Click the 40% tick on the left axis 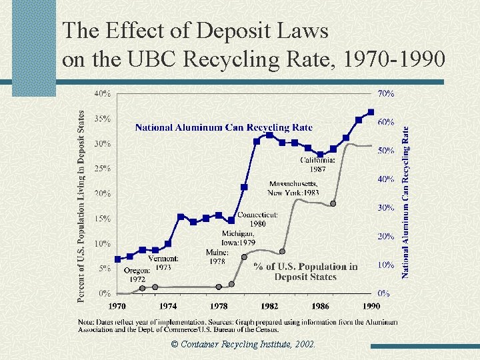101,94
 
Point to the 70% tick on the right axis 386,94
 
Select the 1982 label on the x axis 269,307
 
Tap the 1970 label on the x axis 117,307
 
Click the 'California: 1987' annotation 317,164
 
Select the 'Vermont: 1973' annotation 163,262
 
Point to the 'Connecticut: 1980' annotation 257,219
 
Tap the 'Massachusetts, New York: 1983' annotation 293,188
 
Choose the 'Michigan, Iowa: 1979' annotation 239,238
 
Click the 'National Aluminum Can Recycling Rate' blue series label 223,127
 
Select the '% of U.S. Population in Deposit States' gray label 305,271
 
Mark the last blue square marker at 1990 371,112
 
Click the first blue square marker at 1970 118,259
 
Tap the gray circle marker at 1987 333,203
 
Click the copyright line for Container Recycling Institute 243,345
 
